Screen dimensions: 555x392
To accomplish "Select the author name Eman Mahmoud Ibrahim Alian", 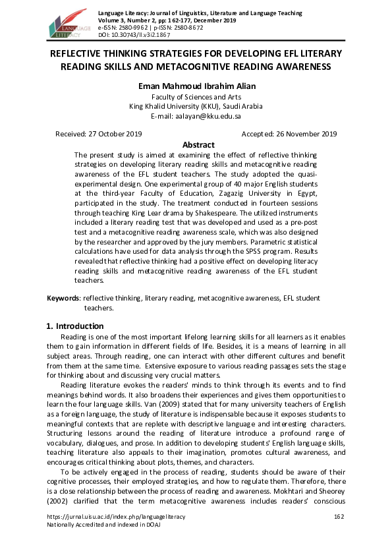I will [196, 86].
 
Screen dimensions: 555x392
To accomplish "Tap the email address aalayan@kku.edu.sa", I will [214, 115].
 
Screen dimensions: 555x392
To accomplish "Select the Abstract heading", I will [198, 145].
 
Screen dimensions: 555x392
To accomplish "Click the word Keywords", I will [63, 299].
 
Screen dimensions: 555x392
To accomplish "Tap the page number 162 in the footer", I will [340, 516].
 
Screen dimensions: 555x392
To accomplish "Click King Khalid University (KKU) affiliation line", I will [196, 106].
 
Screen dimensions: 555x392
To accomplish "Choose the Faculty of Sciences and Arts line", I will [196, 97].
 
